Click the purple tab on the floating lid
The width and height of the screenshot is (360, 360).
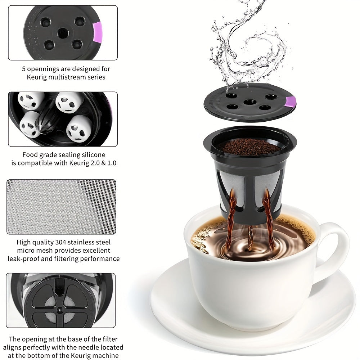(290, 102)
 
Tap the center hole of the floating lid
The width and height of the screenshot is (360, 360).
(249, 102)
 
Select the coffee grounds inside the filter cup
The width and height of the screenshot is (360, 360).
(249, 147)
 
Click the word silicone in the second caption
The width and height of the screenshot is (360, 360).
(92, 155)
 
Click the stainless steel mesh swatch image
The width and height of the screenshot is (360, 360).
(61, 207)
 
